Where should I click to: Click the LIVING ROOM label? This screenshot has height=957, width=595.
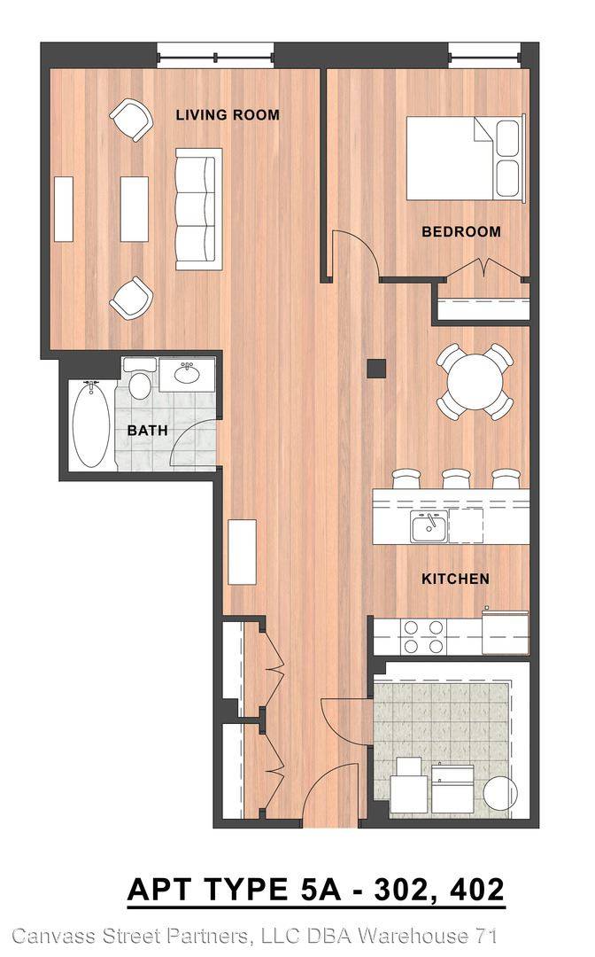pyautogui.click(x=228, y=114)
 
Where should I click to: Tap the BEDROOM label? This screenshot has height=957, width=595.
pyautogui.click(x=461, y=232)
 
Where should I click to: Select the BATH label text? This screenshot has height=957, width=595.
pyautogui.click(x=147, y=431)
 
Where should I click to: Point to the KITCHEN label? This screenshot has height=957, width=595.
pyautogui.click(x=455, y=579)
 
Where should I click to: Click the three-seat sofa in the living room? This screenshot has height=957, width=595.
pyautogui.click(x=196, y=209)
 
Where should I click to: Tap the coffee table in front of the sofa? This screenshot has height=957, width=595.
pyautogui.click(x=134, y=209)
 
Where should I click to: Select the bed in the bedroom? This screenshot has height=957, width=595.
pyautogui.click(x=465, y=158)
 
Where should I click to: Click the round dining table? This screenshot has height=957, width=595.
pyautogui.click(x=475, y=382)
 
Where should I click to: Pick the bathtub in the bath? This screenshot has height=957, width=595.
pyautogui.click(x=91, y=425)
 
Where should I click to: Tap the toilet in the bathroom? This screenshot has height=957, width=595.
pyautogui.click(x=140, y=379)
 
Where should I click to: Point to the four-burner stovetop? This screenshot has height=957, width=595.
pyautogui.click(x=423, y=636)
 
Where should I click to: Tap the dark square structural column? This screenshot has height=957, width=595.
pyautogui.click(x=377, y=369)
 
